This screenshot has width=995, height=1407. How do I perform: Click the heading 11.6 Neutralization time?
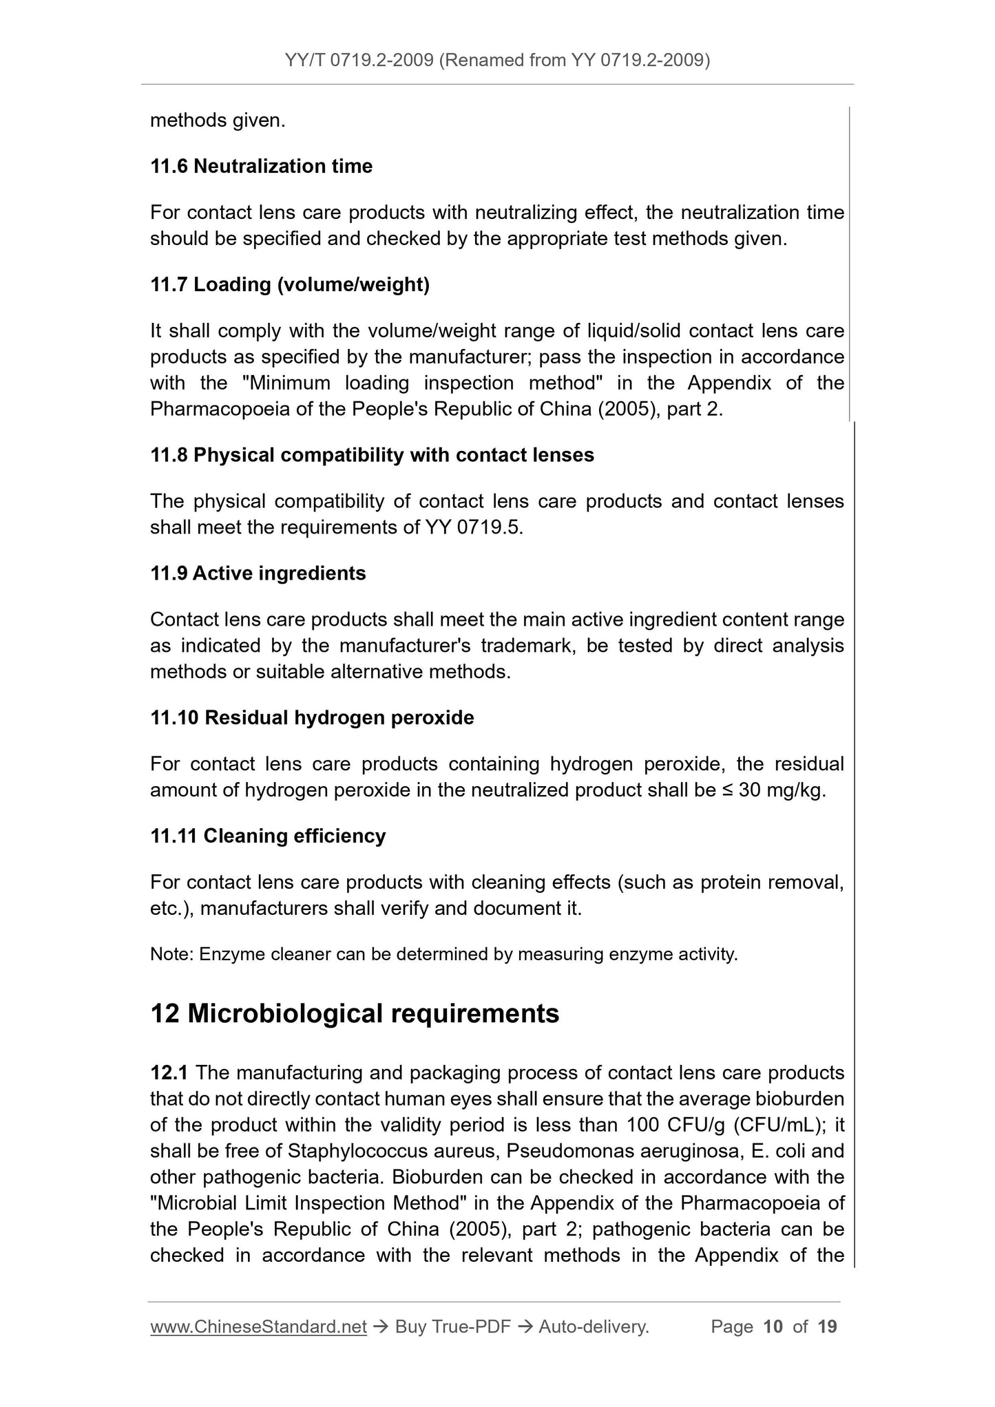[x=261, y=167]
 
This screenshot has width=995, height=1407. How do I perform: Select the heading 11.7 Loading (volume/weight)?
[x=290, y=284]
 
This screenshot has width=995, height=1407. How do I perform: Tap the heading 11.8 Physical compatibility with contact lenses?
[x=372, y=455]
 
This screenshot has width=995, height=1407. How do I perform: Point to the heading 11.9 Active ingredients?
[x=258, y=573]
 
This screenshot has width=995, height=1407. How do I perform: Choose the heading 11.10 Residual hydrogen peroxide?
[x=312, y=718]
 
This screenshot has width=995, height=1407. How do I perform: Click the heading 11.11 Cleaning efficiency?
[x=268, y=836]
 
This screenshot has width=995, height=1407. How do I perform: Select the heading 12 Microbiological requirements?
[x=355, y=1013]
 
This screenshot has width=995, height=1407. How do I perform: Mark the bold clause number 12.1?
[x=170, y=1073]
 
